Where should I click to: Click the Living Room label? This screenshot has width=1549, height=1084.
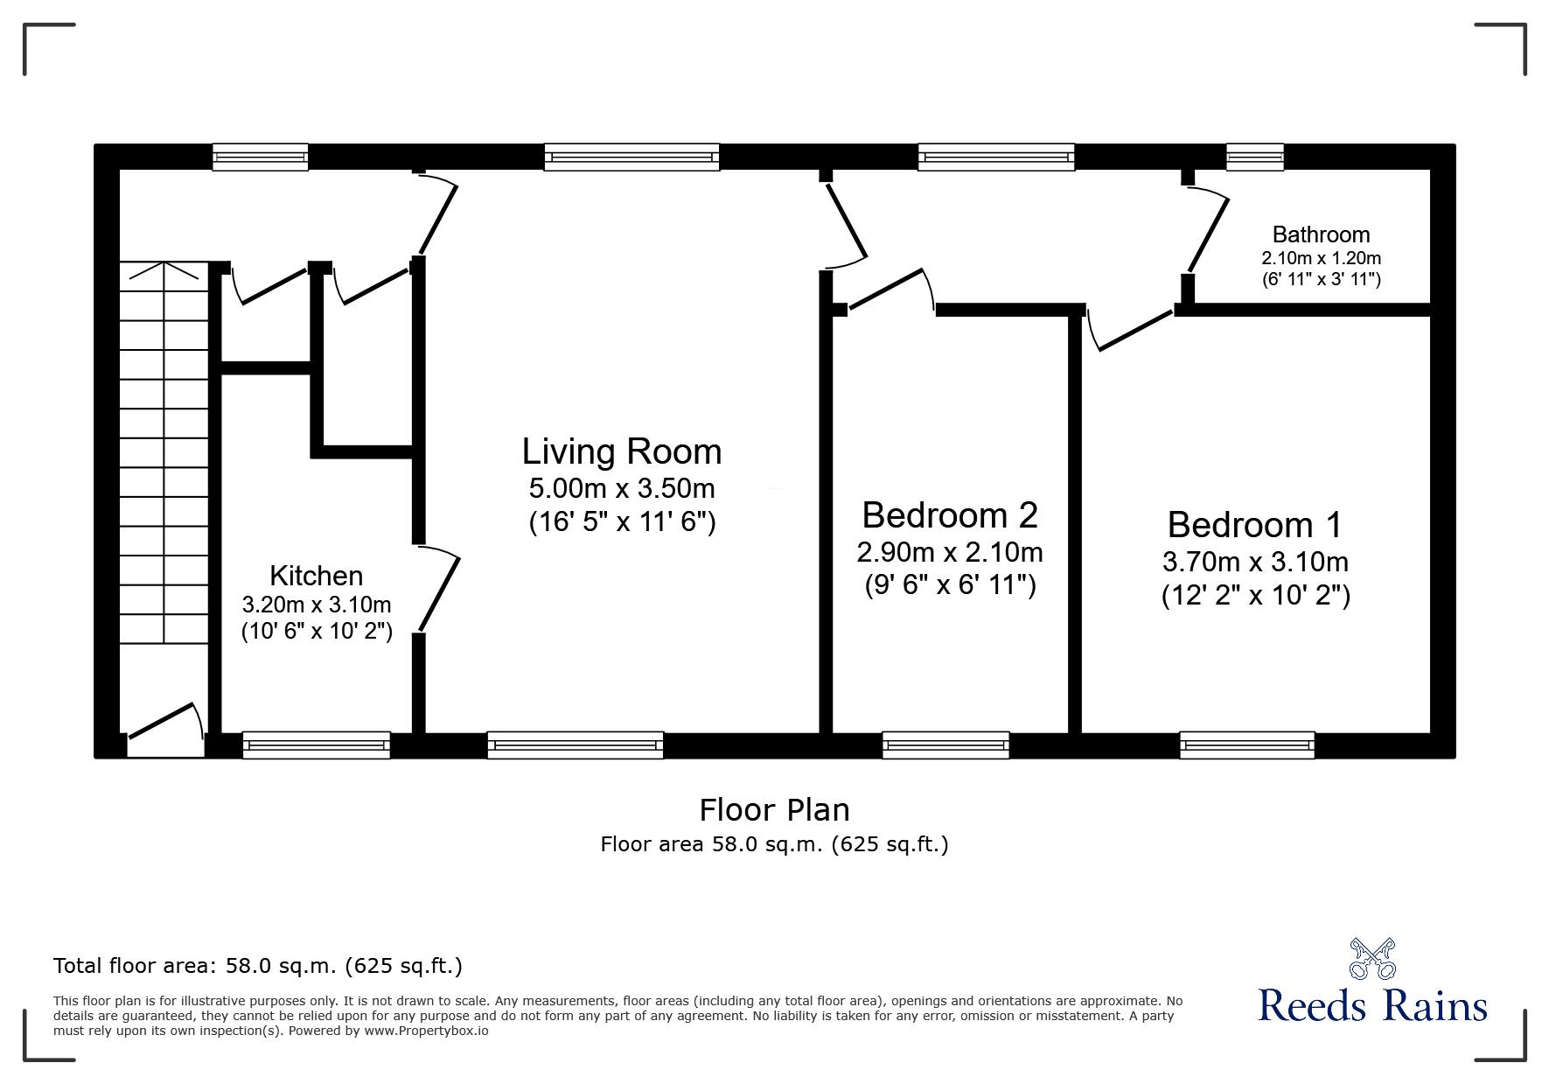click(x=622, y=452)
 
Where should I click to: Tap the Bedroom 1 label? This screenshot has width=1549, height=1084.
click(x=1254, y=525)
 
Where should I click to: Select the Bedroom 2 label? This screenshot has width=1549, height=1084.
click(x=950, y=515)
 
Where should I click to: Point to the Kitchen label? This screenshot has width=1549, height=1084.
click(x=316, y=576)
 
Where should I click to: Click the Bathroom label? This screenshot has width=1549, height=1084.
click(x=1321, y=234)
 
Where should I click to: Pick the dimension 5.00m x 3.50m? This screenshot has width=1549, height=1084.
click(x=622, y=487)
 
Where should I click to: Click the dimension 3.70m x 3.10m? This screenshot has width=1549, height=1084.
click(x=1255, y=562)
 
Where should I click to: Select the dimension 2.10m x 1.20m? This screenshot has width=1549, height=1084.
click(x=1321, y=258)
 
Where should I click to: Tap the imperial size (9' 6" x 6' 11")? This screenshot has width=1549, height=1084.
click(x=950, y=584)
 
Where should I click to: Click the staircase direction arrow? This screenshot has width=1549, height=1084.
click(x=164, y=270)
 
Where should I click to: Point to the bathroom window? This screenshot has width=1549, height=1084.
click(x=1254, y=157)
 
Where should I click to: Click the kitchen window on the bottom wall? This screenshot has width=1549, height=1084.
click(x=316, y=745)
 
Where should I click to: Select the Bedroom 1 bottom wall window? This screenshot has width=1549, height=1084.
click(x=1246, y=745)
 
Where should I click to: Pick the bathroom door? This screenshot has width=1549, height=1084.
click(x=1207, y=231)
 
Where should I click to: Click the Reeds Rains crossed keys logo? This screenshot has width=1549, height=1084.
click(x=1372, y=958)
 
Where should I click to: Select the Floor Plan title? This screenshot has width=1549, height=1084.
click(x=774, y=810)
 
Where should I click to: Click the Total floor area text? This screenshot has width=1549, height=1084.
click(x=258, y=966)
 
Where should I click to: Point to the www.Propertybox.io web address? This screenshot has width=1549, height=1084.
click(x=426, y=1031)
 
